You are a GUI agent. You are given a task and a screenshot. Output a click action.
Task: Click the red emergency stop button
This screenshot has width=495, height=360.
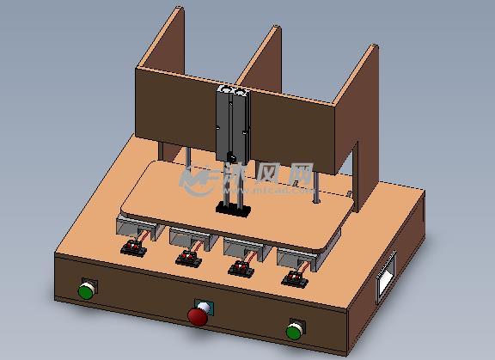click(x=199, y=316)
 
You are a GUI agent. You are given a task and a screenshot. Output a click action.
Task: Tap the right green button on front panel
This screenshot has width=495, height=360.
click(x=294, y=329)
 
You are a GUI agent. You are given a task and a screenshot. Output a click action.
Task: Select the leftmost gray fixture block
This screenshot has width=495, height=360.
click(x=135, y=228)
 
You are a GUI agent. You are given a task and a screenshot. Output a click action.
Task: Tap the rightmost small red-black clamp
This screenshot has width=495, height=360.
click(x=296, y=278)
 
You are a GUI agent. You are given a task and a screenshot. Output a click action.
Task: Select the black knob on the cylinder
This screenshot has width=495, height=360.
click(x=230, y=156)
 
